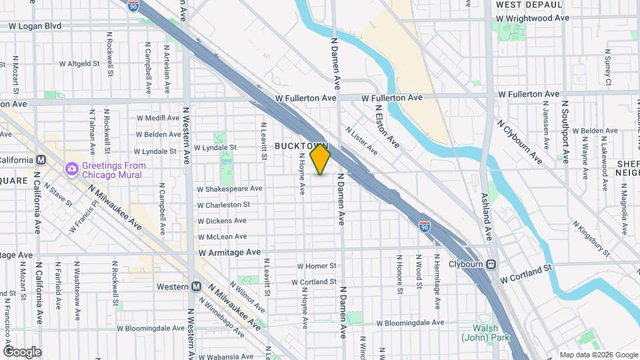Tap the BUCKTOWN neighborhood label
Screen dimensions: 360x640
[302, 145]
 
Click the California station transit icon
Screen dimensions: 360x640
[41, 160]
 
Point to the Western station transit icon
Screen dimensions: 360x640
[196, 286]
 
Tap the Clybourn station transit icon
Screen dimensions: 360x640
[491, 264]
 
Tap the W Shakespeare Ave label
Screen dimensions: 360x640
[229, 189]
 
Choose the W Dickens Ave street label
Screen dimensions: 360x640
[222, 221]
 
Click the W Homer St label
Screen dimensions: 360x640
[317, 266]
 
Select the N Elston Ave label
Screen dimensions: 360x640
[387, 126]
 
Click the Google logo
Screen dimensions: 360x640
[22, 352]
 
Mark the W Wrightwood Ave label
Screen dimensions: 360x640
[533, 18]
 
